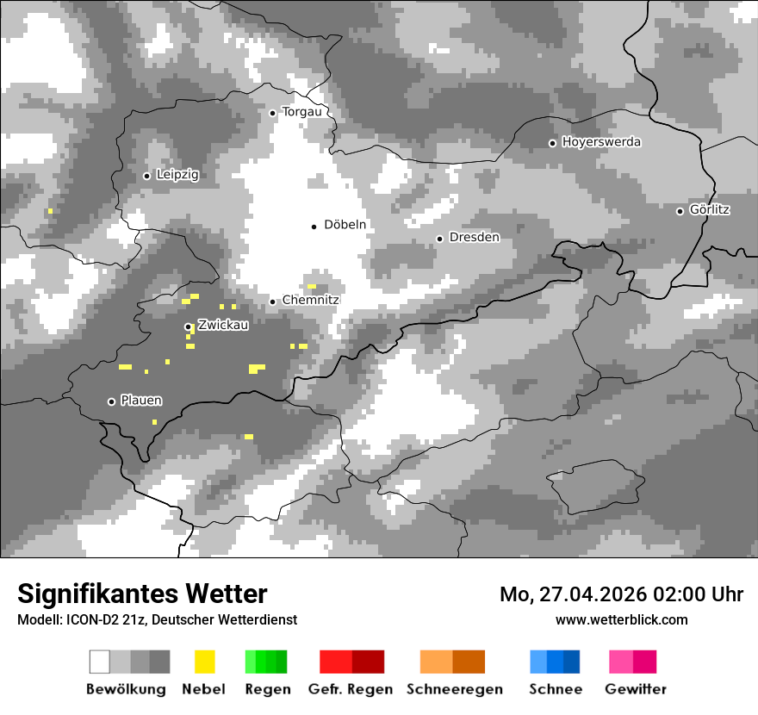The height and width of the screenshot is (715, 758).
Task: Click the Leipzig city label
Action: click(x=177, y=175)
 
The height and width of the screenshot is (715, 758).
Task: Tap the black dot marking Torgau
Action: click(x=272, y=113)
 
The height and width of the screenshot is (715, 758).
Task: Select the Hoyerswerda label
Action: click(x=601, y=142)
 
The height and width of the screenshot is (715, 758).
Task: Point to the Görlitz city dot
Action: click(x=680, y=211)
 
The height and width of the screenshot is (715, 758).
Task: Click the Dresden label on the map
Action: click(x=474, y=238)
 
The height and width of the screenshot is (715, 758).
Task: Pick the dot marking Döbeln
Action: click(x=314, y=227)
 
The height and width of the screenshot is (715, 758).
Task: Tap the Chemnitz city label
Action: click(x=310, y=301)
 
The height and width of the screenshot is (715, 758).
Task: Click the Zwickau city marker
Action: click(x=188, y=326)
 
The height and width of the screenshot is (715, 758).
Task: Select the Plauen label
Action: click(x=141, y=401)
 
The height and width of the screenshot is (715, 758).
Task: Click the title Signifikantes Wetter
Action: click(x=142, y=594)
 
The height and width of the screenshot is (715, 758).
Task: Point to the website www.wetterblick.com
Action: click(x=621, y=620)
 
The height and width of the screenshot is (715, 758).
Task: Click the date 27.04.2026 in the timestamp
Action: click(x=594, y=594)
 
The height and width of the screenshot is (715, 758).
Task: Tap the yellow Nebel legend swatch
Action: click(x=204, y=662)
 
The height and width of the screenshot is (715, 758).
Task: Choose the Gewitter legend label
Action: click(x=636, y=689)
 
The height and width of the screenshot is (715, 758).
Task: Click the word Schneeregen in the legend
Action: click(x=455, y=689)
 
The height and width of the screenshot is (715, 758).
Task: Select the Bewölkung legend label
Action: click(x=126, y=689)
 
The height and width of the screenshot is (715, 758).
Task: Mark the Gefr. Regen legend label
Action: click(x=351, y=689)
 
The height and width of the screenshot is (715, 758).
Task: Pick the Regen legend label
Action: click(x=266, y=689)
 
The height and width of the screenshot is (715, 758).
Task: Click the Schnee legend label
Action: click(x=556, y=689)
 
